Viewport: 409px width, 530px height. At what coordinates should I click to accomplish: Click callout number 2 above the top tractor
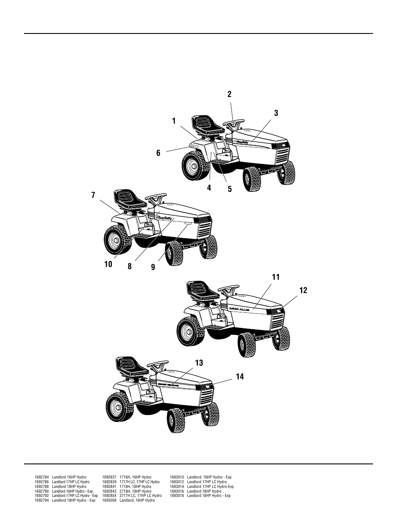(x=229, y=94)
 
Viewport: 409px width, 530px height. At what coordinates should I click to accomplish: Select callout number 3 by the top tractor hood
(x=276, y=113)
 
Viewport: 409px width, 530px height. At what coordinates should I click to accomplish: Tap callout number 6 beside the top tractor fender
(x=158, y=153)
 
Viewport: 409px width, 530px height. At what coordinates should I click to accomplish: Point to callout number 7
(x=93, y=195)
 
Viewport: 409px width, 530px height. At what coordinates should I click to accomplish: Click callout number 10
(x=108, y=264)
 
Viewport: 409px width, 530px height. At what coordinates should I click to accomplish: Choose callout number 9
(x=153, y=267)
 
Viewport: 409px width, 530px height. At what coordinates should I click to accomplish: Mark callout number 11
(x=275, y=278)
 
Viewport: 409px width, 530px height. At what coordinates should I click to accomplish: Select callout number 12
(x=303, y=291)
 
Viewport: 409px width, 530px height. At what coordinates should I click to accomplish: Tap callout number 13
(x=199, y=363)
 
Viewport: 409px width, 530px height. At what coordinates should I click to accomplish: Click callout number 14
(x=240, y=376)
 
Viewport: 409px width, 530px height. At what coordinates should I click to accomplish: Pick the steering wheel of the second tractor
(x=156, y=198)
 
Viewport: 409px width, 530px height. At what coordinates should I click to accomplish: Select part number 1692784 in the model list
(x=42, y=477)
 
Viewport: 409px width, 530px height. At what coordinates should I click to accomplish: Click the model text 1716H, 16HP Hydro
(x=135, y=477)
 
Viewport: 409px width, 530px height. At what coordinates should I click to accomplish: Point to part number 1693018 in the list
(x=177, y=496)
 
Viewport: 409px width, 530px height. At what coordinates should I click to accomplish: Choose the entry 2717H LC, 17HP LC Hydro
(x=141, y=496)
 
